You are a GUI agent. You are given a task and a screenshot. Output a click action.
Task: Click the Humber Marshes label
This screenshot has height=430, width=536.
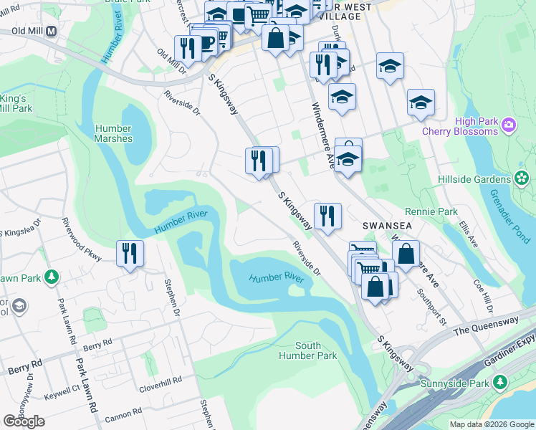[114, 133]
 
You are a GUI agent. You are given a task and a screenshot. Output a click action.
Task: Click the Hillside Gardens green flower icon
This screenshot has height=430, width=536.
[521, 177]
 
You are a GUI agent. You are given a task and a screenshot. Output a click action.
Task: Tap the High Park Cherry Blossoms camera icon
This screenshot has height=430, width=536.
[509, 125]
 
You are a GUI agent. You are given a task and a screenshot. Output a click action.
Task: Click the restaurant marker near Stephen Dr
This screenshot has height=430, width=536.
[130, 254]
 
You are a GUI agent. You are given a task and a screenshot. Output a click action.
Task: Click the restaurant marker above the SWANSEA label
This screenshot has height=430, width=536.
[327, 216]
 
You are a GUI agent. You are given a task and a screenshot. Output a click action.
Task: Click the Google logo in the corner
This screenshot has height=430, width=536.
[24, 421]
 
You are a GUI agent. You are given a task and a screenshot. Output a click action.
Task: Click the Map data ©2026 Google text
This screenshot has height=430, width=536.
[491, 424]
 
